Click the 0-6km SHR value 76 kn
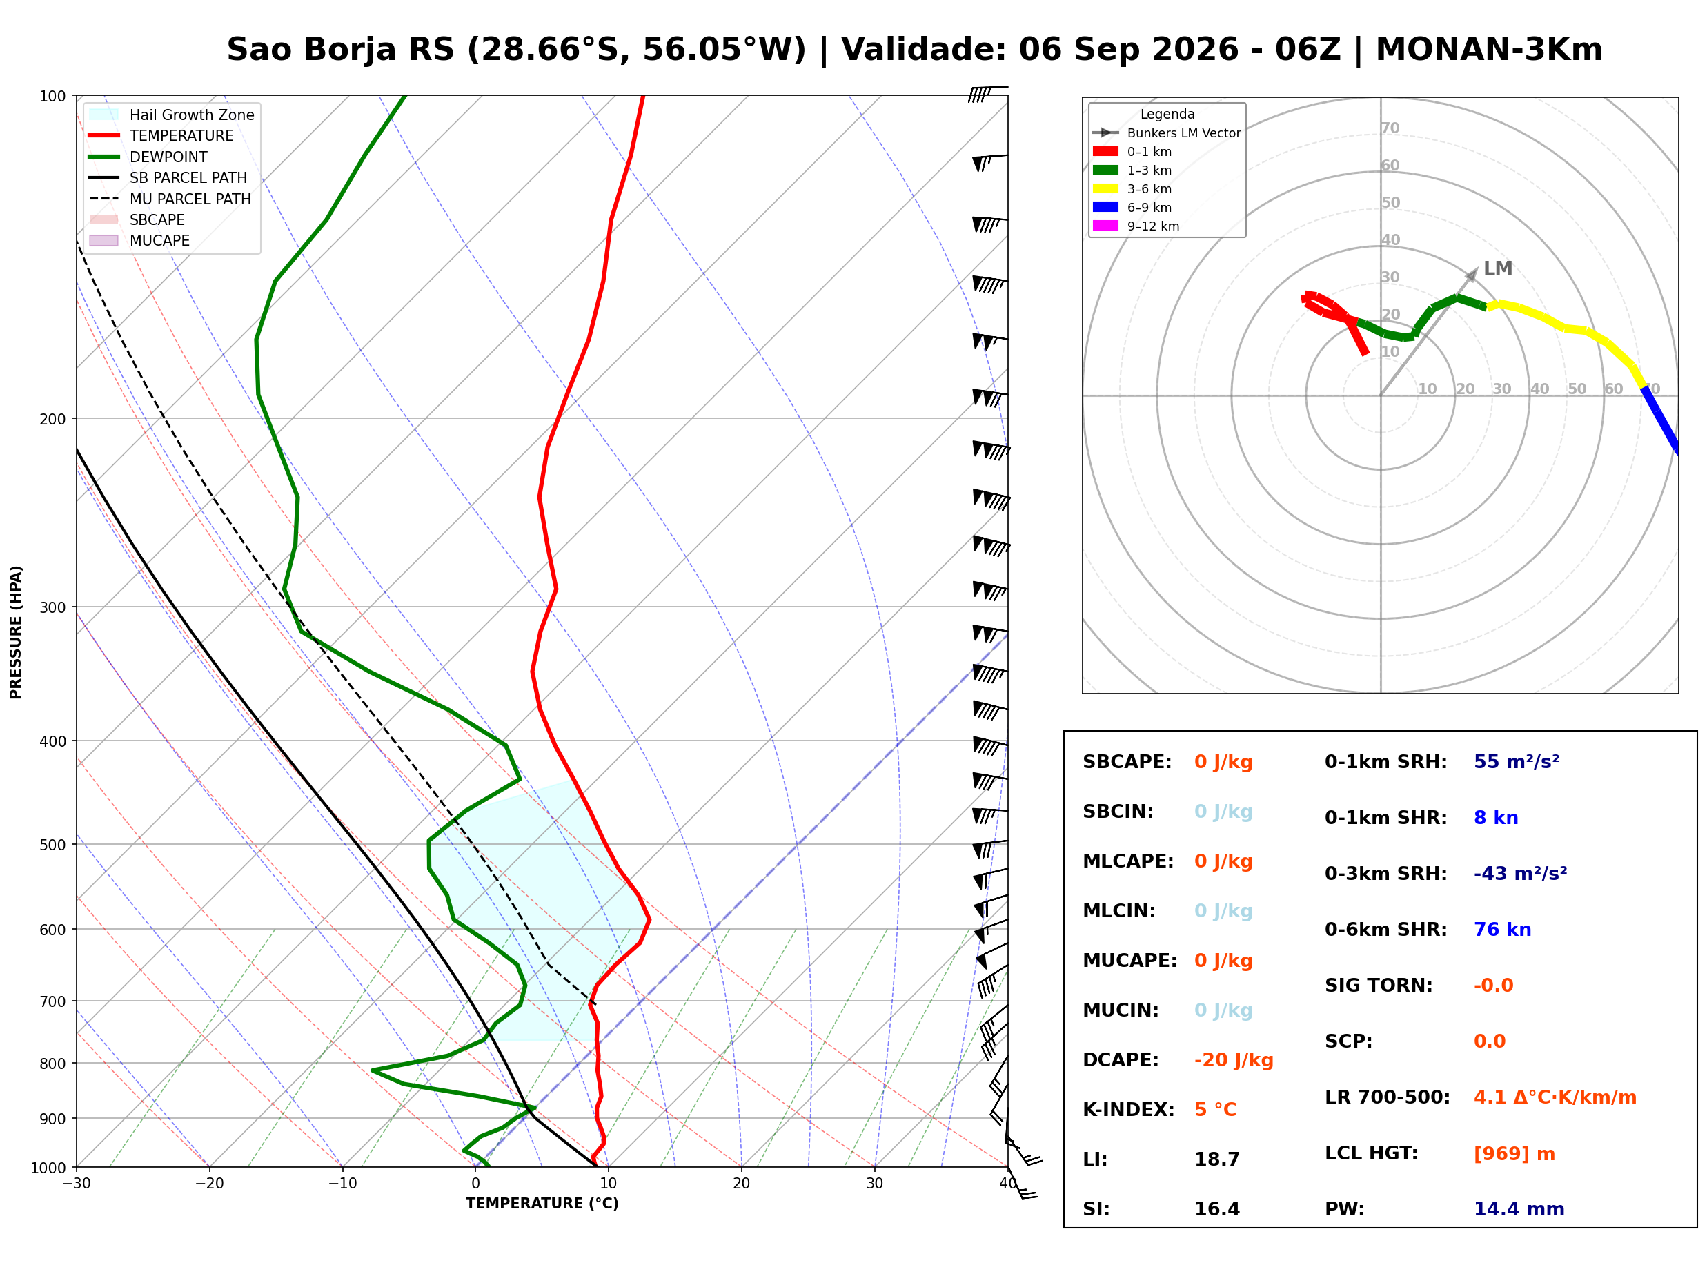[1502, 930]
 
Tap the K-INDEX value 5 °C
[1215, 1110]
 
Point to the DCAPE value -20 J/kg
[1233, 1060]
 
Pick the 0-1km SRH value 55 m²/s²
[1516, 762]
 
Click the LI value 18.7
[1216, 1159]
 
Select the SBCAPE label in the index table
[1126, 762]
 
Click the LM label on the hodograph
[1498, 268]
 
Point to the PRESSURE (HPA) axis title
[16, 632]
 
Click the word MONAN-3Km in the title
[1488, 50]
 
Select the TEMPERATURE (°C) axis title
[542, 1204]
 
